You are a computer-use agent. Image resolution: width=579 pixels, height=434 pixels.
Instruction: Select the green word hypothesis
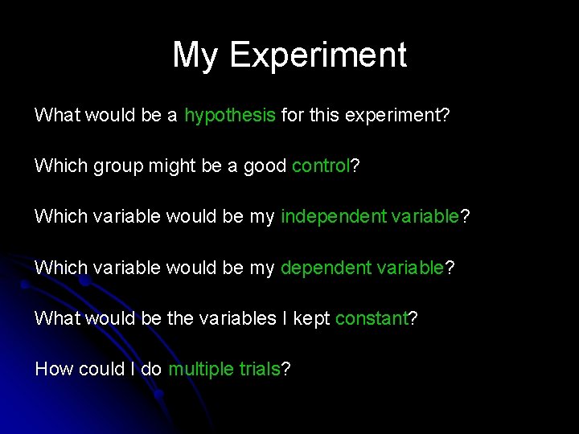point(230,115)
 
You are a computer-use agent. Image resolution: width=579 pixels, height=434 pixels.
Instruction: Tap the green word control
point(321,166)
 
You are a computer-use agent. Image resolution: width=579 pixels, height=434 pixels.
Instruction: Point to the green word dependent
point(326,268)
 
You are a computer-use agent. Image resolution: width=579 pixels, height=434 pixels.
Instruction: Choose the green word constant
point(372,318)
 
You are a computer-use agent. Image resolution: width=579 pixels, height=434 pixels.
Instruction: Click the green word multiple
point(201,369)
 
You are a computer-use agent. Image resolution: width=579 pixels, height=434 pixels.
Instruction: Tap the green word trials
point(259,369)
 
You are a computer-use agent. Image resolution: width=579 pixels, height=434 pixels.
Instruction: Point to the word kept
point(311,318)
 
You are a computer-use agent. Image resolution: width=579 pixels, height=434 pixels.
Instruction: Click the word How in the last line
point(53,369)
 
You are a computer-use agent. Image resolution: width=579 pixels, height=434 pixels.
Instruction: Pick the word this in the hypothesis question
point(324,115)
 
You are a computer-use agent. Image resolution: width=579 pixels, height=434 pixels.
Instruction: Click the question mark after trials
point(285,369)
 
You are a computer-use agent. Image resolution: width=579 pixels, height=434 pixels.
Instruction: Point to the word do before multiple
point(151,369)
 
